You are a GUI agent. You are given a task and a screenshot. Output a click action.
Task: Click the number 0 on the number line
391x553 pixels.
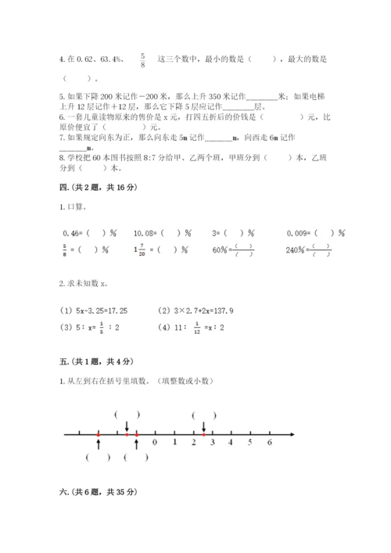[x=155, y=443]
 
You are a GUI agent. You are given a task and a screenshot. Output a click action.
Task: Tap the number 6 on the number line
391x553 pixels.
[x=269, y=443]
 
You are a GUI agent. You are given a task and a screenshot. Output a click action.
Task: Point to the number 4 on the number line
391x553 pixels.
[x=231, y=443]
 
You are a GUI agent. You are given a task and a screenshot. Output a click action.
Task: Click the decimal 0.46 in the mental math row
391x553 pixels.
[x=70, y=232]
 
